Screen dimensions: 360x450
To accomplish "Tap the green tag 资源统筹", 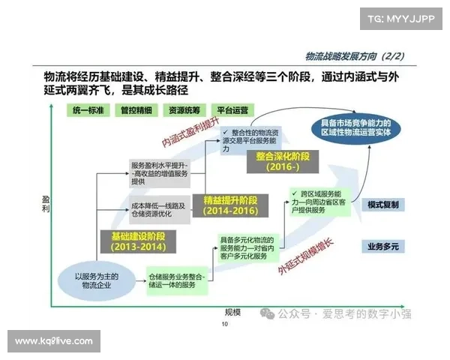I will (183, 109).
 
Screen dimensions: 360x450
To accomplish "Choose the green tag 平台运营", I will (229, 109).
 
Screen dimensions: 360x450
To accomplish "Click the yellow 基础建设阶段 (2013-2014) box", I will (138, 241).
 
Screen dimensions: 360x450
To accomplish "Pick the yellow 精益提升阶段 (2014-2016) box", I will (230, 205).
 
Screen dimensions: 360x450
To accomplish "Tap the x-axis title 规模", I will (232, 311).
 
